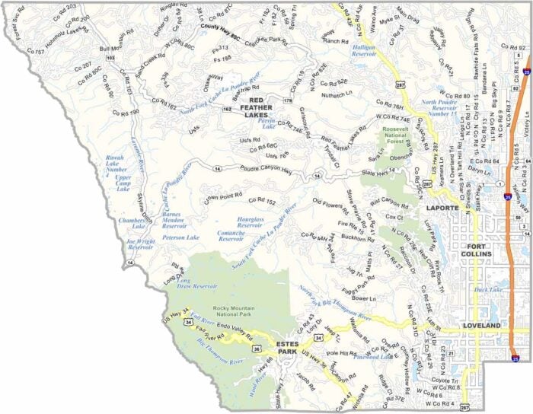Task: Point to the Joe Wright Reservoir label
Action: click(x=139, y=244)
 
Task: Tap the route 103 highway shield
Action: click(x=111, y=58)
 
